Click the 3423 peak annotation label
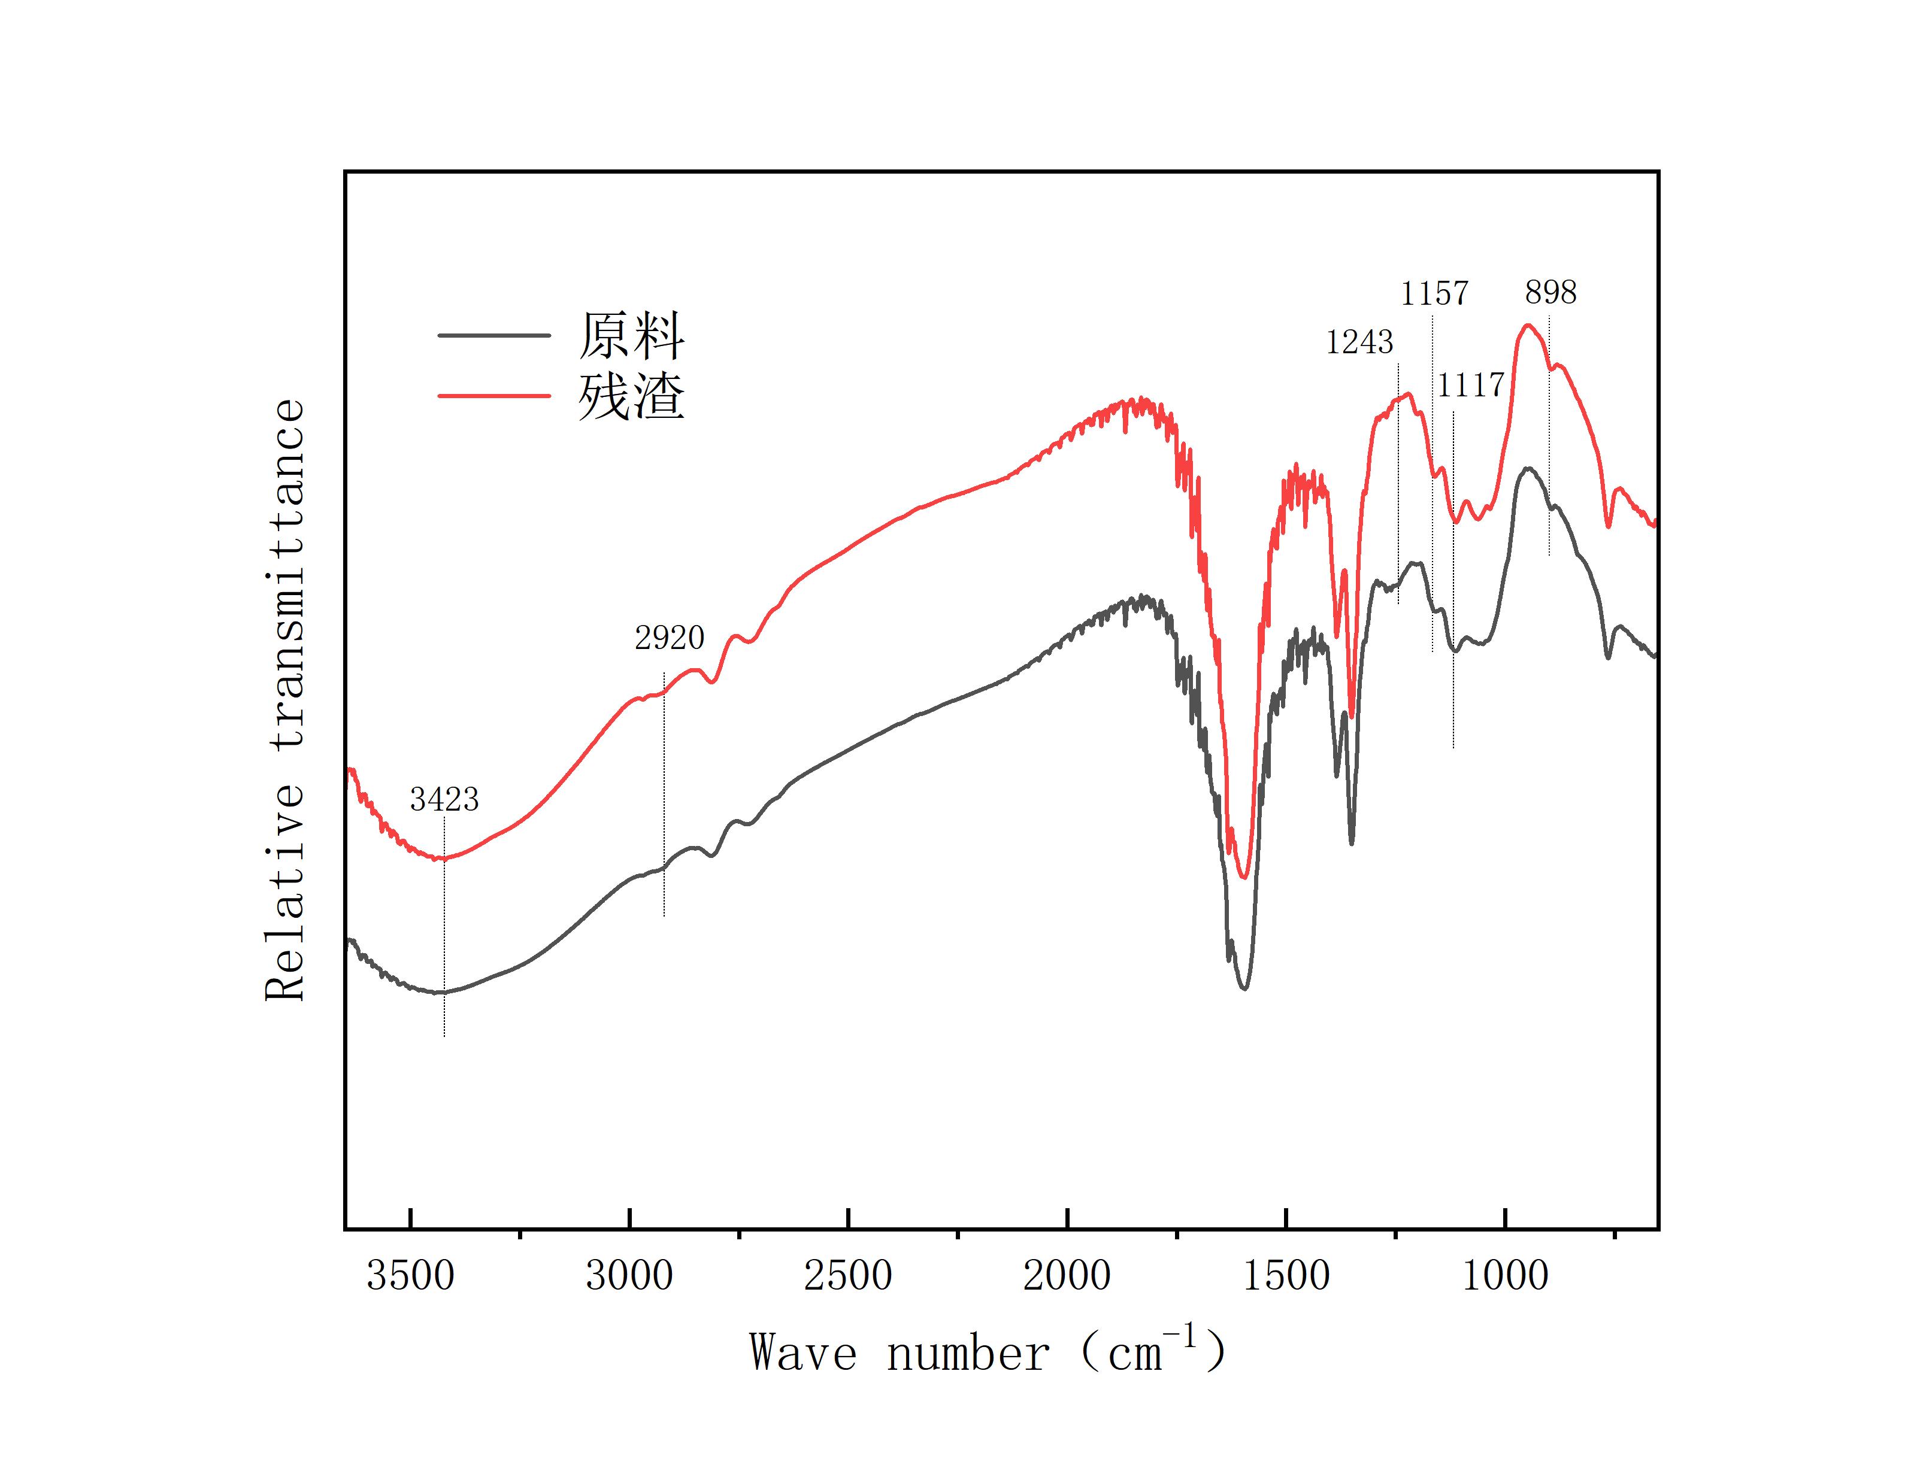point(444,799)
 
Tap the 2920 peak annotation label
point(670,638)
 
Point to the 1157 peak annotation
point(1434,293)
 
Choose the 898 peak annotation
point(1551,292)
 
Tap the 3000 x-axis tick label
point(629,1276)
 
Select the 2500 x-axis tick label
point(847,1276)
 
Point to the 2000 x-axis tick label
point(1067,1276)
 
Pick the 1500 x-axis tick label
point(1286,1276)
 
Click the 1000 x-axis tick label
point(1505,1276)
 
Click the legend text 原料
point(631,336)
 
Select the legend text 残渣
point(631,396)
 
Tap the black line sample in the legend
point(494,335)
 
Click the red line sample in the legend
point(494,396)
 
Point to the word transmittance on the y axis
point(286,574)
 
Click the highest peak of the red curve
point(1528,326)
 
